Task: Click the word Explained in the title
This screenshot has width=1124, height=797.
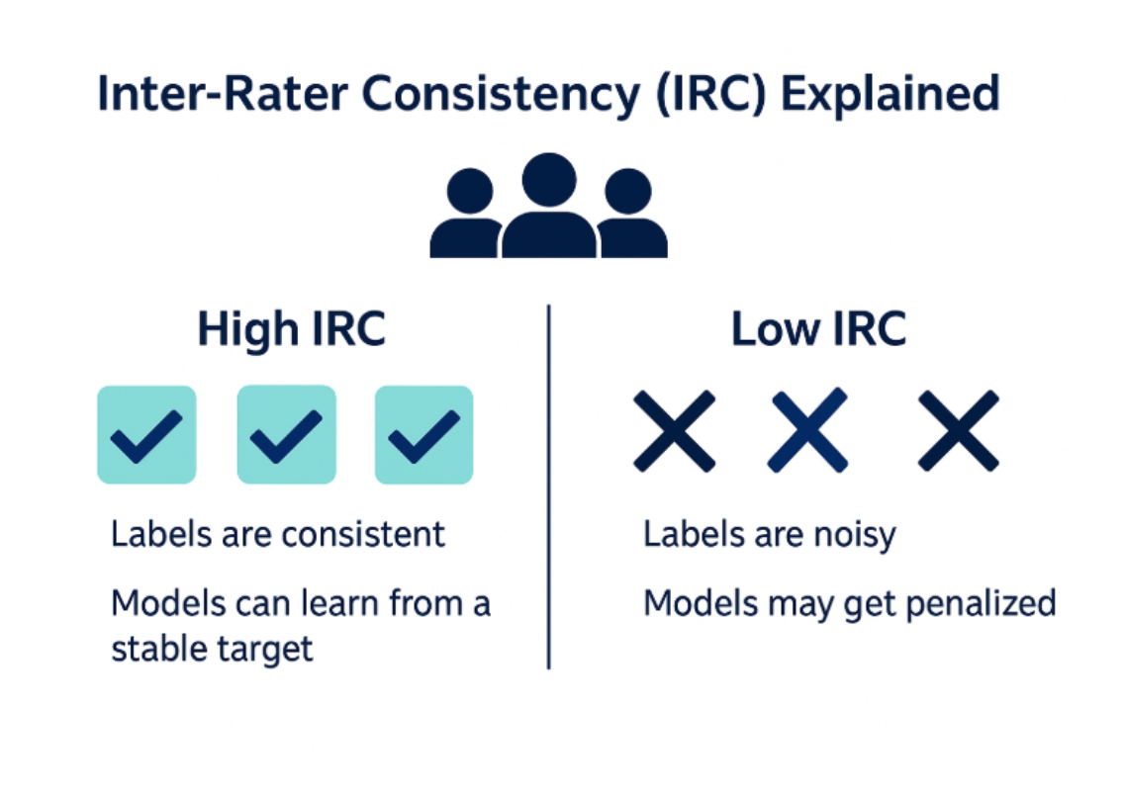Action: click(x=890, y=94)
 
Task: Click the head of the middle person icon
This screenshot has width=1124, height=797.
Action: click(x=549, y=179)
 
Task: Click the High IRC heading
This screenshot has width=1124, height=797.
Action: click(x=291, y=329)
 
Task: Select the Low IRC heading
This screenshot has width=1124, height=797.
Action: click(x=818, y=329)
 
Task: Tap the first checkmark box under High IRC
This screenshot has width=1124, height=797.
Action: click(x=146, y=435)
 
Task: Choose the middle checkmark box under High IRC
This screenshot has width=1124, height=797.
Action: click(x=286, y=435)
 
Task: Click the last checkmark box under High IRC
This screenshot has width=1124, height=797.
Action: click(x=423, y=435)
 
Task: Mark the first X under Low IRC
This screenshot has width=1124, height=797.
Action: click(x=674, y=431)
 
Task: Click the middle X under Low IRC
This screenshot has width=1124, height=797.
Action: click(x=807, y=431)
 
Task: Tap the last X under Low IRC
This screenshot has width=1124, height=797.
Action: click(x=958, y=431)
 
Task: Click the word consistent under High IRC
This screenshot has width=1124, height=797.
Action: click(x=363, y=535)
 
